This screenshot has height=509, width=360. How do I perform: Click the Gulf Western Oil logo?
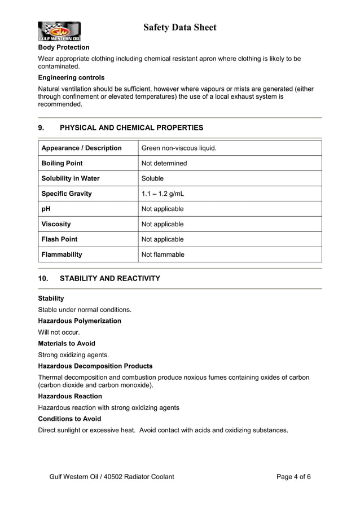pyautogui.click(x=59, y=32)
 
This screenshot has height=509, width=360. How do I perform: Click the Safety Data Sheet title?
pyautogui.click(x=179, y=27)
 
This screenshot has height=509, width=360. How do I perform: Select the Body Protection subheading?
pyautogui.click(x=63, y=47)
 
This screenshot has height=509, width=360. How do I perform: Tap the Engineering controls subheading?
pyautogui.click(x=71, y=77)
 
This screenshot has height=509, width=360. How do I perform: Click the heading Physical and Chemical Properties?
pyautogui.click(x=131, y=128)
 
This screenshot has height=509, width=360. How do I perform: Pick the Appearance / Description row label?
pyautogui.click(x=81, y=148)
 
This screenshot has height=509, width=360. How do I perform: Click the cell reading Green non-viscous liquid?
pyautogui.click(x=178, y=148)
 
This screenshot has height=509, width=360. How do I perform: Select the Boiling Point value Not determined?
pyautogui.click(x=164, y=163)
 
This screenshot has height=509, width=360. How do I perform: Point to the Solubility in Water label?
pyautogui.click(x=71, y=178)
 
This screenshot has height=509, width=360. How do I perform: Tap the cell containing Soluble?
pyautogui.click(x=152, y=178)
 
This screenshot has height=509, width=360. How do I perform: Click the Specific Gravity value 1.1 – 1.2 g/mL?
pyautogui.click(x=163, y=194)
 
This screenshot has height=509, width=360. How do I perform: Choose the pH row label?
pyautogui.click(x=46, y=209)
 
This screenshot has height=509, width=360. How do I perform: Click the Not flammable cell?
pyautogui.click(x=163, y=254)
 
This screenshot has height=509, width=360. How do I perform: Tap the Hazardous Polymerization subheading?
pyautogui.click(x=79, y=321)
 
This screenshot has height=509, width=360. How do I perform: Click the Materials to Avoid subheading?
pyautogui.click(x=66, y=343)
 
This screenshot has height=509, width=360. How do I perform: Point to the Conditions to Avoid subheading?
pyautogui.click(x=69, y=419)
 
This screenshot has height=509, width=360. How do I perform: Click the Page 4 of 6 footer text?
pyautogui.click(x=293, y=477)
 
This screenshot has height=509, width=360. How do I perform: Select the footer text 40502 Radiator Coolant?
pyautogui.click(x=138, y=477)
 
